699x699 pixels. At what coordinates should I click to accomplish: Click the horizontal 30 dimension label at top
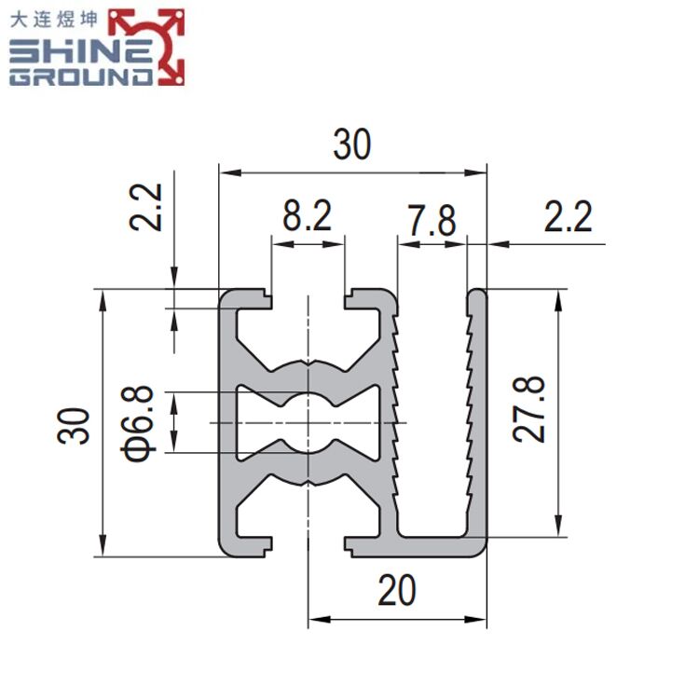[351, 144]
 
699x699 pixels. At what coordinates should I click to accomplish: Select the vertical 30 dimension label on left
[74, 426]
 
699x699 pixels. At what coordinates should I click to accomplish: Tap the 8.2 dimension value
[308, 216]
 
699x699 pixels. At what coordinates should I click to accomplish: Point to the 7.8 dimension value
[432, 220]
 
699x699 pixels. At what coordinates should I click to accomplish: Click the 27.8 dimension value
[528, 409]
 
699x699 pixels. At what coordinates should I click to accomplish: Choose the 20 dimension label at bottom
[397, 590]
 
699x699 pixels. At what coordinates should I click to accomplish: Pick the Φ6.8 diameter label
[137, 423]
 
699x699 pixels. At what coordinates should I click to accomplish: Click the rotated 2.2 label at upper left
[145, 207]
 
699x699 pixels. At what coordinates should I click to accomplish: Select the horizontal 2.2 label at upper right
[568, 216]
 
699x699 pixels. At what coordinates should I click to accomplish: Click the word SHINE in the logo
[81, 51]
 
